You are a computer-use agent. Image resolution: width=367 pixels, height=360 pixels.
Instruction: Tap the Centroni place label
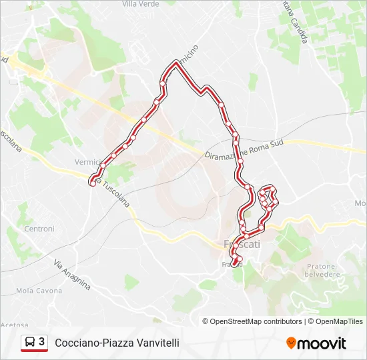point(39,229)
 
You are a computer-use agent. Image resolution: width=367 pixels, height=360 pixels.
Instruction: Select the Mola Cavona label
point(39,291)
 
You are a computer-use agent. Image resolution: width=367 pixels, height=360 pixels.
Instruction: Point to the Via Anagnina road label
point(72,274)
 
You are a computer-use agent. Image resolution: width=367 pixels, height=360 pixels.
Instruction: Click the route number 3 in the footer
point(42,342)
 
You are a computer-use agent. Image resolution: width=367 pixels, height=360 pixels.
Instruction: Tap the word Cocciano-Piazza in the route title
point(85,343)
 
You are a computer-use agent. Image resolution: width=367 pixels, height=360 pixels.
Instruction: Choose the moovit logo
point(316,343)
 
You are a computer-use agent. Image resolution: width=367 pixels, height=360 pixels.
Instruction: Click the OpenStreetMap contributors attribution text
point(256,321)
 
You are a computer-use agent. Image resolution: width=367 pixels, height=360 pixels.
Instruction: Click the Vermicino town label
point(88,162)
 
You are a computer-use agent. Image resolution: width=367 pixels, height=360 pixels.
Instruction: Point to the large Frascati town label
point(241,244)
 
